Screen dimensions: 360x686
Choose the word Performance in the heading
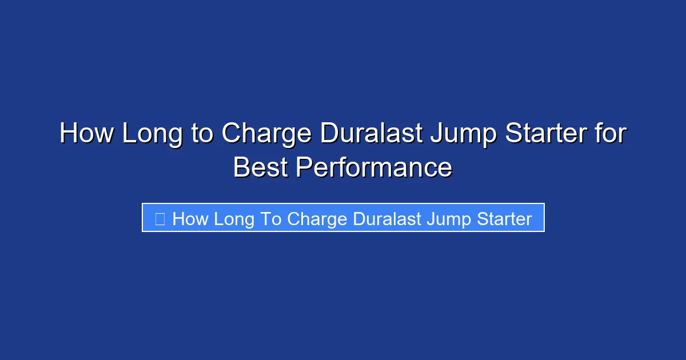tap(374, 168)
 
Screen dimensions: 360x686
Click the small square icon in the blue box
tap(160, 219)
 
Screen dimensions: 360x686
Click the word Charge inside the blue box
tap(317, 219)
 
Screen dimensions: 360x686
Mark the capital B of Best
tap(242, 168)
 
